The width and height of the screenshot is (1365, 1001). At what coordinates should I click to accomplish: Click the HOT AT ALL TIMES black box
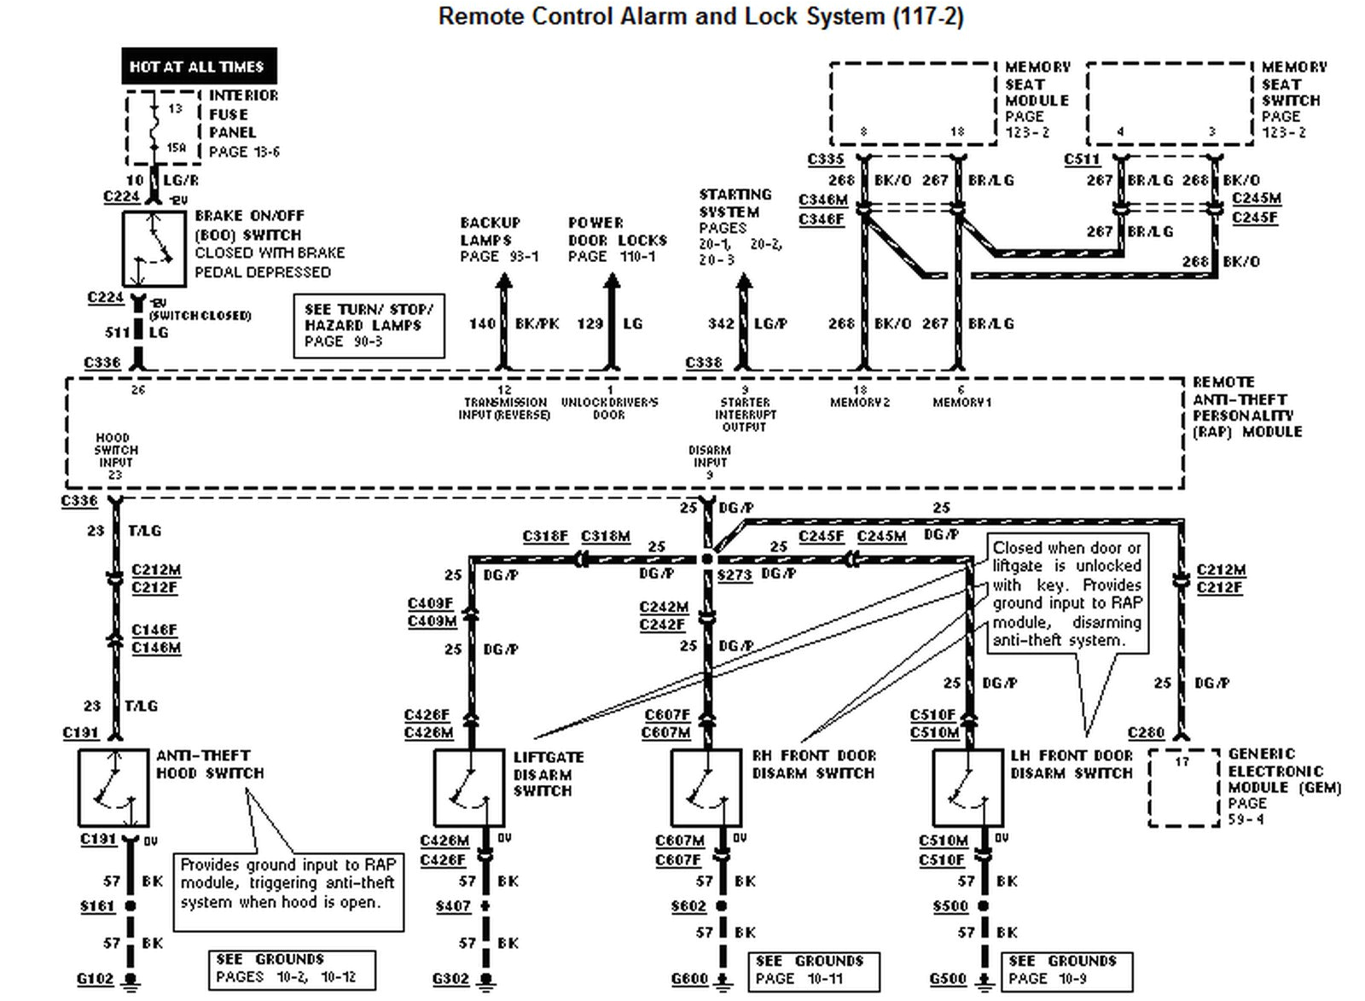tap(199, 66)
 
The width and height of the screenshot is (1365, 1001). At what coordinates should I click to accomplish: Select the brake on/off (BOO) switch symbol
tap(154, 249)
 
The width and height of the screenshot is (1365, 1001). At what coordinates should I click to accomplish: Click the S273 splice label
tap(735, 575)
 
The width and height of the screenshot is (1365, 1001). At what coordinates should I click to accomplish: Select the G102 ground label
tap(95, 979)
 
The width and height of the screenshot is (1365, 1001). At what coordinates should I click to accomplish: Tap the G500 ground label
tap(948, 979)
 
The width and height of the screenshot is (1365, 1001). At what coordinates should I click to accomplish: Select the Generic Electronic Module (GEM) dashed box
tap(1184, 788)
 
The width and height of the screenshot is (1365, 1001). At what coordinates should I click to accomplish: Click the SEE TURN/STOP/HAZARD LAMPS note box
tap(369, 325)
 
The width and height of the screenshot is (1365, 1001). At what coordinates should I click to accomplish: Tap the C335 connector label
tap(825, 160)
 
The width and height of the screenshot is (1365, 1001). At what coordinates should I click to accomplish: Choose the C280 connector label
tap(1146, 732)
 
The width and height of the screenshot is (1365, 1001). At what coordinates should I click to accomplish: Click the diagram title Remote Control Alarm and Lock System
tap(700, 16)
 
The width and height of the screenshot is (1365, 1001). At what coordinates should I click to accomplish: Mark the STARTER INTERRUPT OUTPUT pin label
tap(745, 414)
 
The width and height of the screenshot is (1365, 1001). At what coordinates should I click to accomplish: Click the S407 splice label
tap(452, 905)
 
